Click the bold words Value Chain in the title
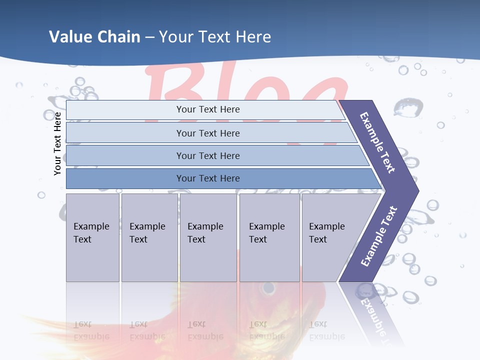(x=94, y=36)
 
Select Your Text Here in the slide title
(x=215, y=36)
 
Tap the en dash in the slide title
(x=149, y=37)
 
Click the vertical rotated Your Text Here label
(x=57, y=143)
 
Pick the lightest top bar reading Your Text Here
(x=207, y=109)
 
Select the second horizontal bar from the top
(x=207, y=133)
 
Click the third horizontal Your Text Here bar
(x=207, y=155)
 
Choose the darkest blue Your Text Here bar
(x=207, y=178)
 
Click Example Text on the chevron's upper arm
(x=377, y=142)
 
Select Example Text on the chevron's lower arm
(x=378, y=236)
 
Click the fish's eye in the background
(x=268, y=288)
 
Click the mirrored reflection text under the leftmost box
(x=91, y=330)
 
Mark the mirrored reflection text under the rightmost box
(x=326, y=330)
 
